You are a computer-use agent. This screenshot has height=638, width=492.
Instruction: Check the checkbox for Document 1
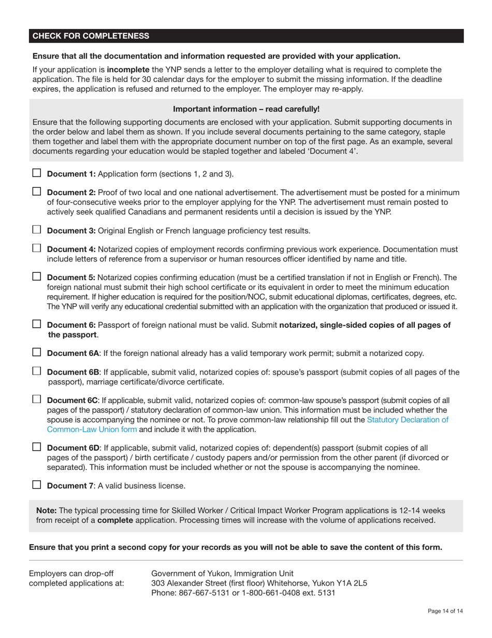tap(37, 173)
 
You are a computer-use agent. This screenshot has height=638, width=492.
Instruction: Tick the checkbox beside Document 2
tap(37, 191)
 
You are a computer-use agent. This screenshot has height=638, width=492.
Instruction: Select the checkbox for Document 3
tap(37, 229)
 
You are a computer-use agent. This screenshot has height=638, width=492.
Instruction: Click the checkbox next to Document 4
tap(37, 248)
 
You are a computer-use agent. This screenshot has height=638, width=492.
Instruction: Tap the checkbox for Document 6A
tap(37, 352)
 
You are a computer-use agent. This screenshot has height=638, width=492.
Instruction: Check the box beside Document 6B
tap(37, 371)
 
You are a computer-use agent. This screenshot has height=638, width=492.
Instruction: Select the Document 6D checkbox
tap(37, 447)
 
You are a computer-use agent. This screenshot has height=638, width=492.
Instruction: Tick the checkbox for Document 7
tap(37, 484)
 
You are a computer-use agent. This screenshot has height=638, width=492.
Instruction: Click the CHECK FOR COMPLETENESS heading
tap(91, 36)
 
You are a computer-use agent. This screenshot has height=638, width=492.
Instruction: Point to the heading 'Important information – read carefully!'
tap(246, 109)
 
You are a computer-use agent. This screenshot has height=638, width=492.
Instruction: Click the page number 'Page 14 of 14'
tap(445, 611)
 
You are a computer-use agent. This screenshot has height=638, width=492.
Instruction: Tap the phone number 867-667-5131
tap(202, 593)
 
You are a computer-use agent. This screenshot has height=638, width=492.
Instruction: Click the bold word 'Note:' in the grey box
tap(46, 510)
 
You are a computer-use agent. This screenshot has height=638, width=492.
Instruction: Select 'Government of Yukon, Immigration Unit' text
tap(222, 573)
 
